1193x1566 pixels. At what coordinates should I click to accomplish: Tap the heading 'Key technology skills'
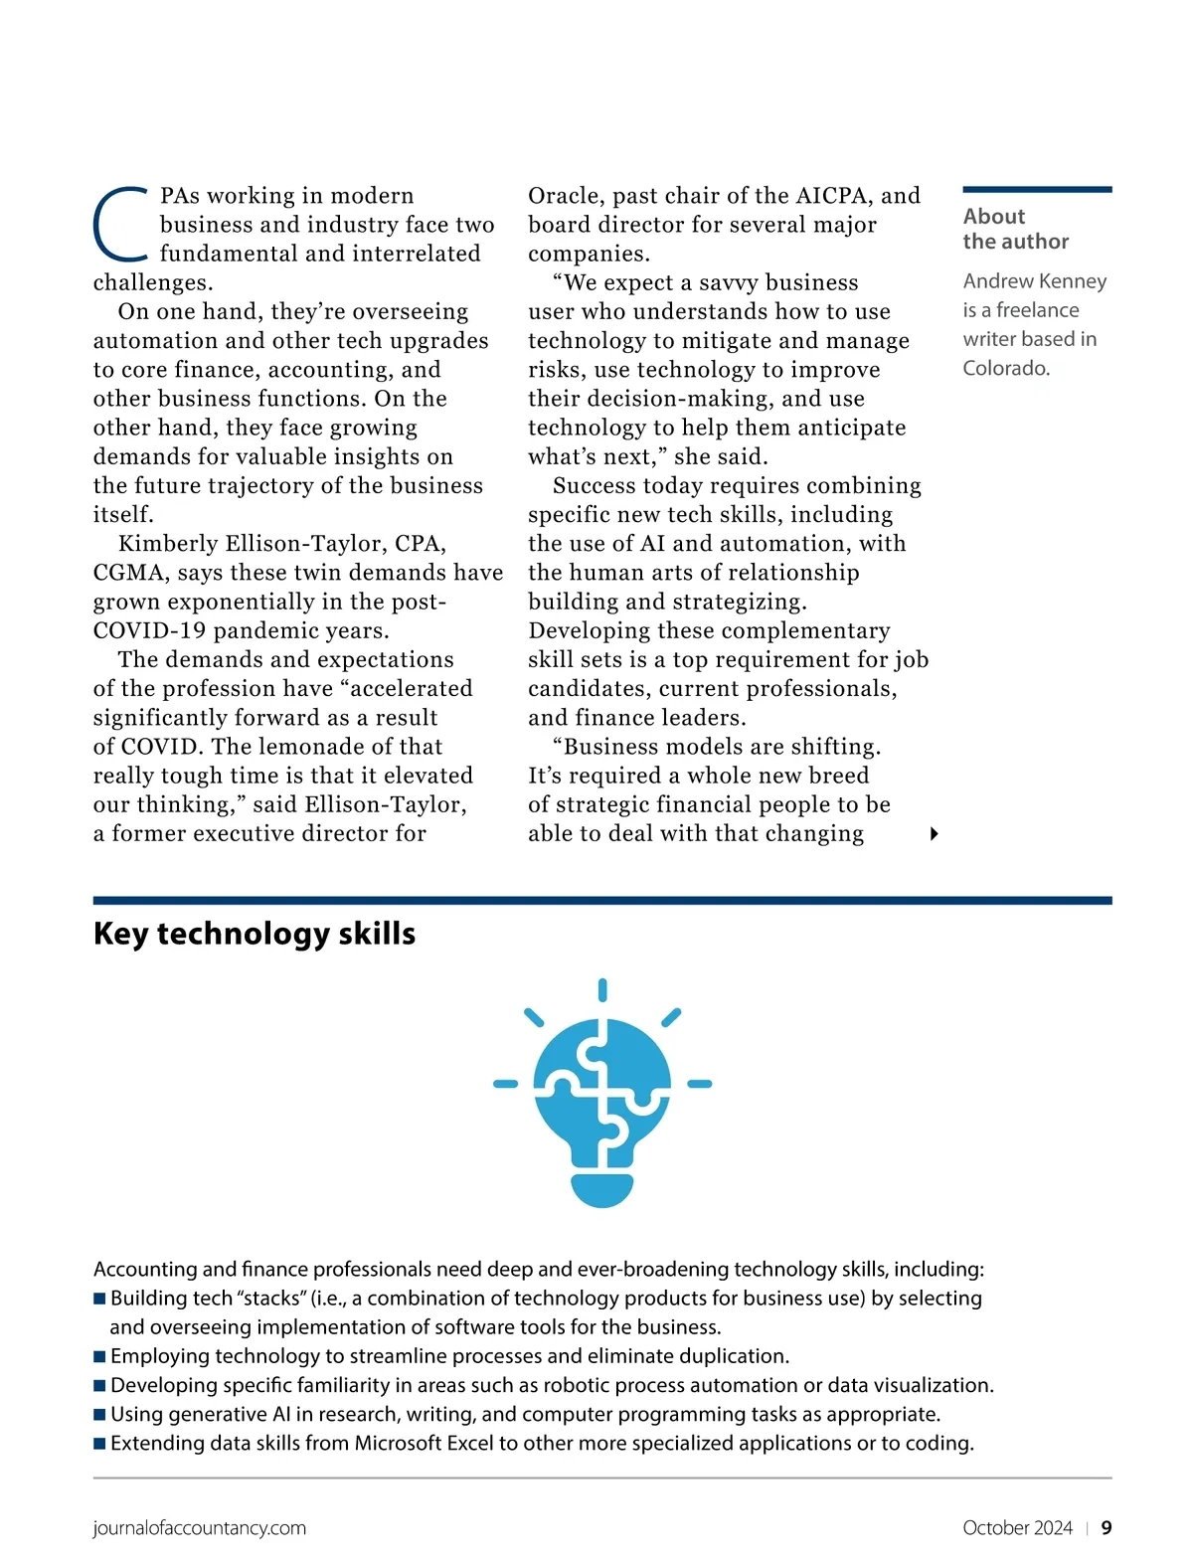(255, 934)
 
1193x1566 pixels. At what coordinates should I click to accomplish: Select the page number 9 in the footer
(1107, 1528)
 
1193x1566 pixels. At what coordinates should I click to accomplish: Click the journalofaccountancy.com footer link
(200, 1528)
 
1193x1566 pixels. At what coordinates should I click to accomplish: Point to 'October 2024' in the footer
(1017, 1528)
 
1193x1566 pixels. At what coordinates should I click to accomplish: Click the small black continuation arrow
(934, 834)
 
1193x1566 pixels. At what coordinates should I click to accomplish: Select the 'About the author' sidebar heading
(1015, 229)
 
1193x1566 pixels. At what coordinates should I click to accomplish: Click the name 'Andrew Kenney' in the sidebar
(1034, 281)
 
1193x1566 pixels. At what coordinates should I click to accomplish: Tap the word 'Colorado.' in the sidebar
(1006, 368)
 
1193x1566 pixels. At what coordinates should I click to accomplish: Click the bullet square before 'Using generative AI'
(99, 1414)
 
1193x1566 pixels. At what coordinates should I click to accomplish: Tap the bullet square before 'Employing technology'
(99, 1356)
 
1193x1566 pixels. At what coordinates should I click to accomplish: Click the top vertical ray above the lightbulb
(602, 990)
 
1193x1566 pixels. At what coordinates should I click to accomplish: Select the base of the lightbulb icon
(602, 1190)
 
